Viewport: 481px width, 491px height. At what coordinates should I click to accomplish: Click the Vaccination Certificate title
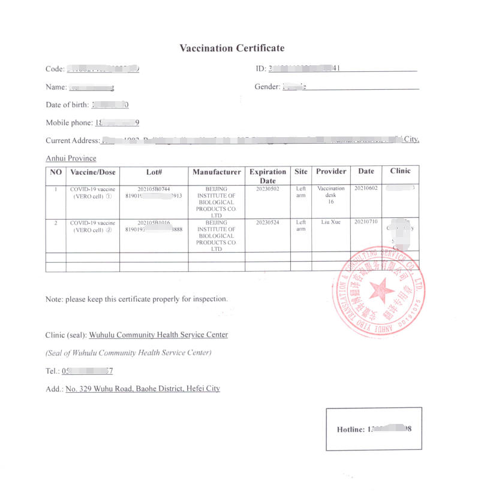pos(232,48)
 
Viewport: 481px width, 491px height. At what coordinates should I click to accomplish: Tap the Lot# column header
pos(154,172)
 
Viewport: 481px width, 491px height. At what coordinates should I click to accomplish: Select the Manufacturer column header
pos(217,172)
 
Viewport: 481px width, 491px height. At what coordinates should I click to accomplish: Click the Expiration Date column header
pos(267,176)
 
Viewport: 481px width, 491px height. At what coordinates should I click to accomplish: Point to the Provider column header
pos(331,171)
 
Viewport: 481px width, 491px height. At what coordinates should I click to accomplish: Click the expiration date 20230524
pos(267,222)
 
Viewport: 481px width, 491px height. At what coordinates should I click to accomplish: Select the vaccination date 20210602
pos(366,189)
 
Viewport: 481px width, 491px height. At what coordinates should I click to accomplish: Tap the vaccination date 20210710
pos(366,222)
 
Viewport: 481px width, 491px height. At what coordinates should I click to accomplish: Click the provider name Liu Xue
pos(330,222)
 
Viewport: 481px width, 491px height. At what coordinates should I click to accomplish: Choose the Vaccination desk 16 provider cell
pos(330,195)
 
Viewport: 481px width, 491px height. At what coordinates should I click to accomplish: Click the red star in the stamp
pos(380,291)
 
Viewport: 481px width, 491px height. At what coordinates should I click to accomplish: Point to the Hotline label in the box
pos(351,429)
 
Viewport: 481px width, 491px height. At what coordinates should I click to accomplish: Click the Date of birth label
pos(67,105)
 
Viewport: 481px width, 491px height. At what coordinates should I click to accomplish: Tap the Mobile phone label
pos(69,123)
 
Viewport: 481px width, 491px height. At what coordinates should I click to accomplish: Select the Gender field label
pos(267,87)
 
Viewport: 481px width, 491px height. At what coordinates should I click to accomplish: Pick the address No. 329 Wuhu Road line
pos(143,389)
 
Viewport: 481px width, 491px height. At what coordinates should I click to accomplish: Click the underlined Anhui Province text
pos(71,159)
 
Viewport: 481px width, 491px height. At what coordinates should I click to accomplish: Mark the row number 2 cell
pos(56,222)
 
